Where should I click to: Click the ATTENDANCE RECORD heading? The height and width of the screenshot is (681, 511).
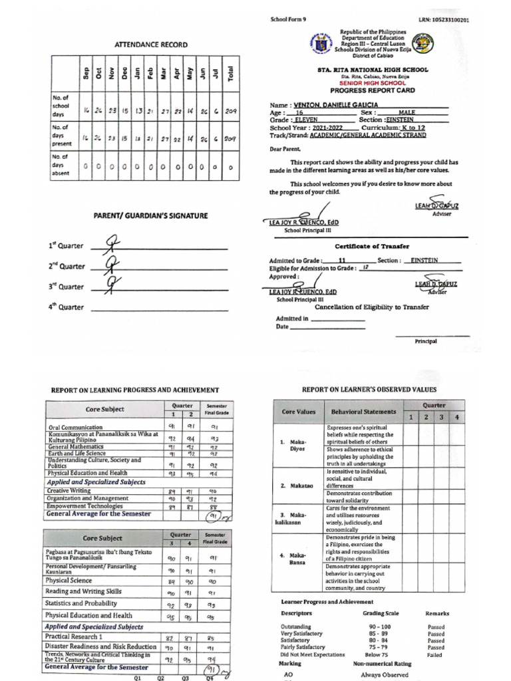(151, 45)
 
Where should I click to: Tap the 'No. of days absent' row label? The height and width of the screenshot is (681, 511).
(62, 164)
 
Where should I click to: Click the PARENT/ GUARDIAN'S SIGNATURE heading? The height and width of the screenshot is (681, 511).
(150, 215)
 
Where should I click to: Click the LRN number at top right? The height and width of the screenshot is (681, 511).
(444, 21)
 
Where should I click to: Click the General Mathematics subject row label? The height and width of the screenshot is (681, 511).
(76, 448)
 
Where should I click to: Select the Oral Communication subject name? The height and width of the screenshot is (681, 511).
(75, 428)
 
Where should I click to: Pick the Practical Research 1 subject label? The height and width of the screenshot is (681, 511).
(74, 637)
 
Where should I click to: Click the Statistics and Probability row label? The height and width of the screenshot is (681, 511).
(81, 603)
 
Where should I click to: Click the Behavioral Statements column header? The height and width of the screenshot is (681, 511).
(363, 412)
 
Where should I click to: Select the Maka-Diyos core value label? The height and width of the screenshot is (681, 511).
(296, 445)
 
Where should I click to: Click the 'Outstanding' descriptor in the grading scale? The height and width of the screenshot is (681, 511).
(297, 626)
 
